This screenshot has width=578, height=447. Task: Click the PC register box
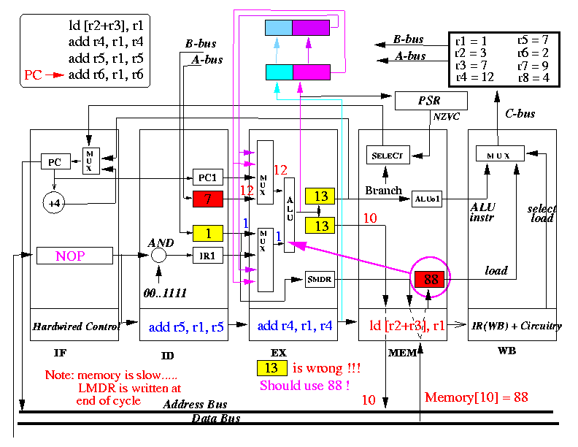(x=55, y=161)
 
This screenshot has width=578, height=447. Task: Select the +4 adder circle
(x=54, y=203)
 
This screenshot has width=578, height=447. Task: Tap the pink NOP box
(x=74, y=256)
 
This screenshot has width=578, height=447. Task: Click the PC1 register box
(x=208, y=177)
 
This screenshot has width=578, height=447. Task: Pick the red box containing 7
(x=208, y=199)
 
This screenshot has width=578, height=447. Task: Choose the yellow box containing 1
(x=208, y=233)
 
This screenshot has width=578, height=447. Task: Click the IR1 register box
(x=208, y=255)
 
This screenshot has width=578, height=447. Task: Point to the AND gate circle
(x=158, y=255)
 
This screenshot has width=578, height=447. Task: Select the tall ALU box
(x=290, y=215)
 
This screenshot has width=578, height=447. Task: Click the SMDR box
(x=320, y=279)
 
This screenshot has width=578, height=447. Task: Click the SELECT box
(x=388, y=155)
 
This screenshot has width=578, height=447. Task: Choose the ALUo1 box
(x=426, y=199)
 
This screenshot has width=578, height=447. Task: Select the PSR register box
(x=431, y=101)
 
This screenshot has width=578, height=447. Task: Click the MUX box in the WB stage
(x=500, y=153)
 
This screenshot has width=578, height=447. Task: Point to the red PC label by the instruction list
(x=33, y=75)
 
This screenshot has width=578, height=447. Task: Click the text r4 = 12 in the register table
(x=474, y=77)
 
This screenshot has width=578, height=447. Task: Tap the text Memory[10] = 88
(x=477, y=397)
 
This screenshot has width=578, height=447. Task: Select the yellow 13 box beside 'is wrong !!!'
(x=271, y=367)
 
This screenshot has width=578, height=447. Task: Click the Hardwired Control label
(x=77, y=326)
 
